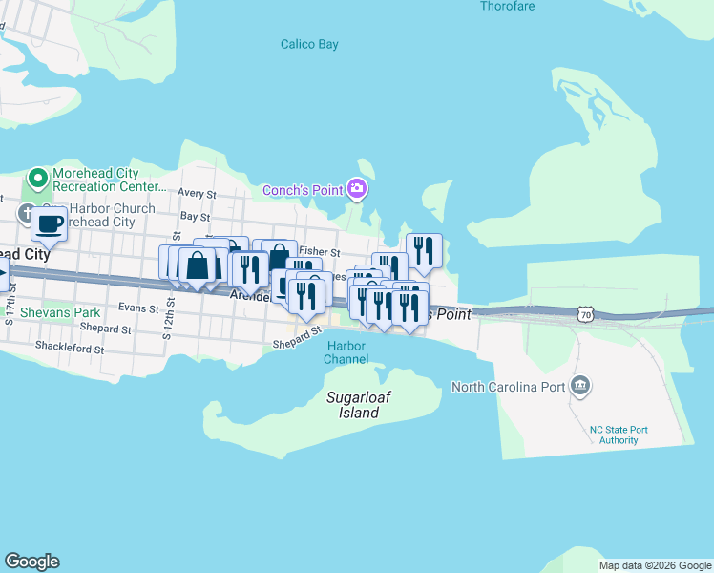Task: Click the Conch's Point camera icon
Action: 358,189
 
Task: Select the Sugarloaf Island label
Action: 353,405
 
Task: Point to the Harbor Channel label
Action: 346,352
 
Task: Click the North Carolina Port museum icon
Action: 579,387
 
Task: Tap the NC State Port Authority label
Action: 619,435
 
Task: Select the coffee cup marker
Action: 49,225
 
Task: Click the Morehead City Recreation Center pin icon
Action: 38,179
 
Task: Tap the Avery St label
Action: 198,194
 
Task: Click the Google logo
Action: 31,562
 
